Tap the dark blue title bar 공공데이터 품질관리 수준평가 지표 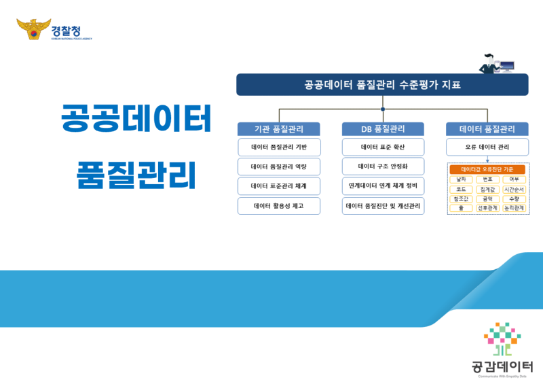pos(382,85)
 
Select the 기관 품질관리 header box pos(278,129)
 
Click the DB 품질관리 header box pos(383,129)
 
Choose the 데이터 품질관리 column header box pos(487,129)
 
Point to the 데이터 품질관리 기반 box pos(278,147)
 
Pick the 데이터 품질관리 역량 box pos(278,167)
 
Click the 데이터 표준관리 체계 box pos(278,186)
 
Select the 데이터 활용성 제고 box pos(278,206)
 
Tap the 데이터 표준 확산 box pos(383,147)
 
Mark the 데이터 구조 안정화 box pos(383,167)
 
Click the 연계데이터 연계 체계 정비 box pos(383,186)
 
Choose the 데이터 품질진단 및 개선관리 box pos(383,206)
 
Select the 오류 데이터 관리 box pos(487,147)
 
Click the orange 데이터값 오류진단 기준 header pos(487,170)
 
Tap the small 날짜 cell pos(461,179)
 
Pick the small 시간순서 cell pos(514,190)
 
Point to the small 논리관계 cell pos(514,209)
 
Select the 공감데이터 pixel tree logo pos(502,339)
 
